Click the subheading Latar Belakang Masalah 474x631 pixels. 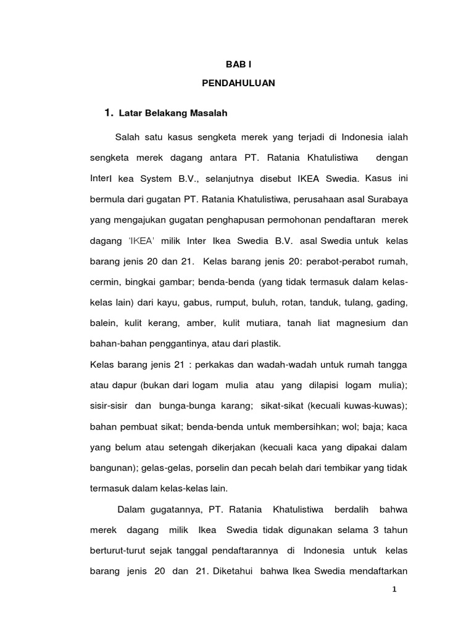173,113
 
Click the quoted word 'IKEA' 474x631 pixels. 141,241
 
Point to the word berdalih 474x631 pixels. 351,510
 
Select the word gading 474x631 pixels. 394,303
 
